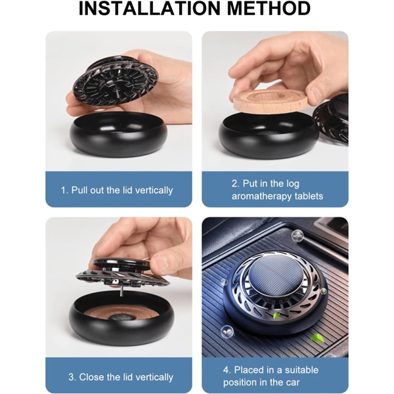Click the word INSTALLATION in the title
(150, 9)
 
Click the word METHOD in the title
(269, 9)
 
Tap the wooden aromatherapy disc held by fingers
(270, 100)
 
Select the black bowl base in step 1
(118, 135)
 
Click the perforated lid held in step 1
(116, 81)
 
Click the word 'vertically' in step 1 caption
(154, 190)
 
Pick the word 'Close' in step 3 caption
(90, 377)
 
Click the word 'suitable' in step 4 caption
(301, 370)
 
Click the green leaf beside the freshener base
(315, 338)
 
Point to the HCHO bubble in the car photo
(297, 236)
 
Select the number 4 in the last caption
(226, 370)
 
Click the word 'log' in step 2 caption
(292, 184)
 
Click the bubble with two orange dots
(227, 332)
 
